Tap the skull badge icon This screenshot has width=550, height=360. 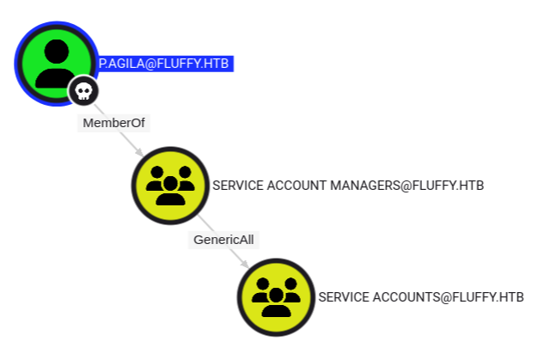click(x=83, y=89)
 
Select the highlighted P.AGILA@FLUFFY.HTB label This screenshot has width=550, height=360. click(x=165, y=64)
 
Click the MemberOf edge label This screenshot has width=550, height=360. click(x=114, y=123)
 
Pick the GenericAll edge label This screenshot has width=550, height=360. click(x=223, y=239)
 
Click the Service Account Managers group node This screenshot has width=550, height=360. click(x=171, y=185)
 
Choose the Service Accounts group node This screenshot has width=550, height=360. click(x=276, y=297)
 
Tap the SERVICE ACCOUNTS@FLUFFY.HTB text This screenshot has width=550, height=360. click(x=420, y=297)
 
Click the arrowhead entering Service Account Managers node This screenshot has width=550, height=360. click(x=139, y=154)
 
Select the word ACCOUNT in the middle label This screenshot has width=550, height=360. click(x=298, y=185)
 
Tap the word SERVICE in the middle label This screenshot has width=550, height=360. click(x=237, y=185)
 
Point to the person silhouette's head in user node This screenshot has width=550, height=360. click(x=56, y=50)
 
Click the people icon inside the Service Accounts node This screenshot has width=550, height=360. click(x=276, y=299)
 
